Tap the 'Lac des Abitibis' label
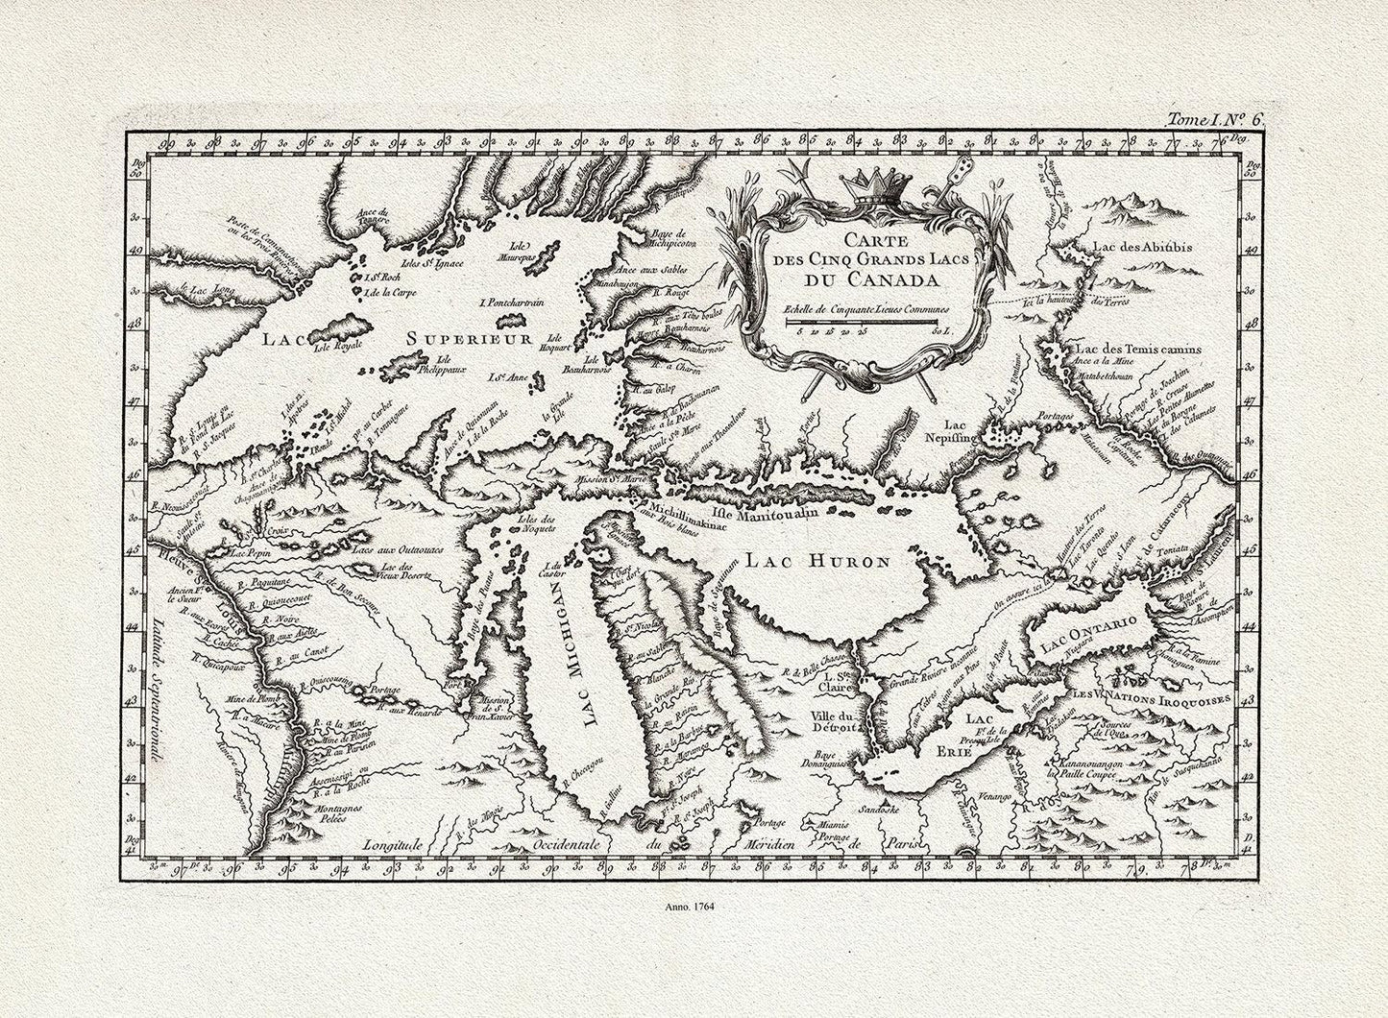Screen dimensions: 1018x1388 pyautogui.click(x=1142, y=248)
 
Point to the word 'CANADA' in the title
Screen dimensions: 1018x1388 pyautogui.click(x=862, y=280)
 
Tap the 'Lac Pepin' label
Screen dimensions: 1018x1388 pyautogui.click(x=249, y=554)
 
